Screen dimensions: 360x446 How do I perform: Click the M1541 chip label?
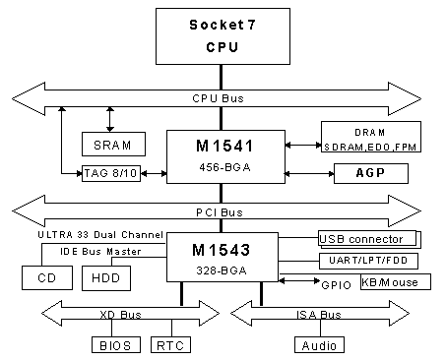pos(223,145)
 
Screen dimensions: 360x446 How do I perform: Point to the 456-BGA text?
pos(223,168)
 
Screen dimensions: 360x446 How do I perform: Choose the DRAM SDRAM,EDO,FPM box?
pos(370,138)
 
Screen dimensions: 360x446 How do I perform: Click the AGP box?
pos(370,172)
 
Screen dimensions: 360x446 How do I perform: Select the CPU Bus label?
pos(223,99)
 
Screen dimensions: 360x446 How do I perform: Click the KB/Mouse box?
pos(389,282)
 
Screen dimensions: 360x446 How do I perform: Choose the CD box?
pos(46,278)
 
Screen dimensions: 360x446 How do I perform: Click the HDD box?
pos(103,278)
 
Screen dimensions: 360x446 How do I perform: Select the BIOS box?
pos(116,345)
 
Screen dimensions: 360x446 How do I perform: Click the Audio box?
pos(319,345)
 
